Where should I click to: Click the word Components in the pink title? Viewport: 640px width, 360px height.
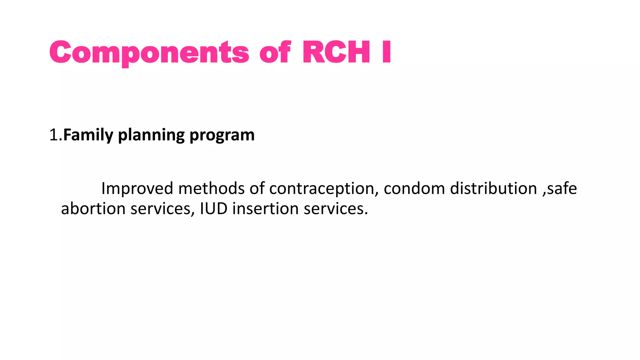(x=149, y=52)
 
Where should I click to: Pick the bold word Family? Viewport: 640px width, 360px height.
(x=88, y=135)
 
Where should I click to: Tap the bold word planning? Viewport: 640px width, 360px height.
(x=151, y=136)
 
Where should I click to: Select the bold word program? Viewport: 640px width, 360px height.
(x=222, y=136)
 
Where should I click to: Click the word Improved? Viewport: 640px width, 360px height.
(x=137, y=189)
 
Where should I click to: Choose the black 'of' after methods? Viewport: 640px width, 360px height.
(x=257, y=188)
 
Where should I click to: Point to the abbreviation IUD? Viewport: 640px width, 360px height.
(x=214, y=208)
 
